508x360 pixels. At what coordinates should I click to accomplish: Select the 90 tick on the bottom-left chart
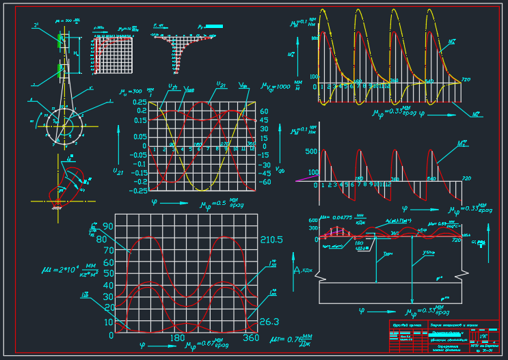pyautogui.click(x=108, y=226)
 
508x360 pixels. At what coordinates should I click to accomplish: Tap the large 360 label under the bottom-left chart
pyautogui.click(x=250, y=338)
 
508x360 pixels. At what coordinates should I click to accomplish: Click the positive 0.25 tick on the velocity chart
pyautogui.click(x=139, y=102)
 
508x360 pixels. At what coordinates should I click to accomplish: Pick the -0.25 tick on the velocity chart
pyautogui.click(x=139, y=191)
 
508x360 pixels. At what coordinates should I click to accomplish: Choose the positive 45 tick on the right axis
pyautogui.click(x=264, y=120)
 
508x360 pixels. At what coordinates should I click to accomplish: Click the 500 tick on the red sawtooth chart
pyautogui.click(x=311, y=152)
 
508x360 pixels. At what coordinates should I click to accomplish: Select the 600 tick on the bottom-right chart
pyautogui.click(x=314, y=220)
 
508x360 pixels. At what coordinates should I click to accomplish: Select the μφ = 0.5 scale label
pyautogui.click(x=222, y=204)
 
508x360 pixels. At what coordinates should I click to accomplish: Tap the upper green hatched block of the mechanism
pyautogui.click(x=61, y=38)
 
